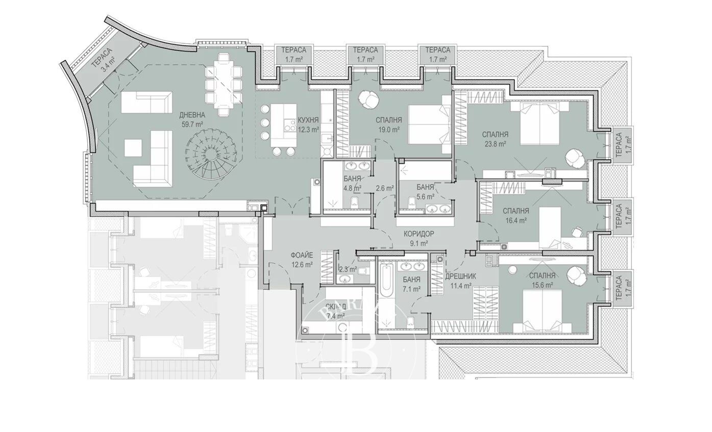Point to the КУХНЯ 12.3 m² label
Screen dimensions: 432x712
[x=308, y=124]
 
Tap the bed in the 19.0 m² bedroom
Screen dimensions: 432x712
[x=428, y=124]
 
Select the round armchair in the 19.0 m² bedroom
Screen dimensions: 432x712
[x=367, y=98]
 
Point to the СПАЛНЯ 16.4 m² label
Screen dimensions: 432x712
[x=515, y=215]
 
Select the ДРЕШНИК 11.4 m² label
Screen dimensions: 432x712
[x=461, y=281]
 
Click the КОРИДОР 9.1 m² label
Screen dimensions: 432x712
[x=419, y=238]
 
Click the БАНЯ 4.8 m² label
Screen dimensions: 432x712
[x=352, y=183]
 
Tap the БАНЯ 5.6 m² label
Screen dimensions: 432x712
[x=425, y=191]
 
